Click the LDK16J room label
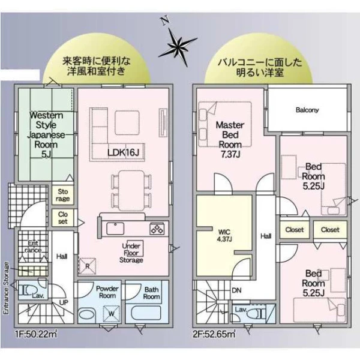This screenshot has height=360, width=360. click(123, 152)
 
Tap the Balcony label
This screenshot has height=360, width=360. click(307, 110)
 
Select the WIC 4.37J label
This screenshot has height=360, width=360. click(224, 235)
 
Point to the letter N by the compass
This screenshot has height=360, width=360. click(165, 20)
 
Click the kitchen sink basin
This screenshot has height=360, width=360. click(115, 229)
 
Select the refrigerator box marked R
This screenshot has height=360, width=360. click(87, 266)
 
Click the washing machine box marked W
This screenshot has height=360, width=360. click(112, 314)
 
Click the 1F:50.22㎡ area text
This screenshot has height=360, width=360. click(36, 334)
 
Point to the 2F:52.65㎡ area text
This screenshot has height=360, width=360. click(214, 334)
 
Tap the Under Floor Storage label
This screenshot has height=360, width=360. click(131, 253)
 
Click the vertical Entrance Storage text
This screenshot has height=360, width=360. click(7, 288)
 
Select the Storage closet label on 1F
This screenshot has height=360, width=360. click(62, 195)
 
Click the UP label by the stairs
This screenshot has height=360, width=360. click(64, 302)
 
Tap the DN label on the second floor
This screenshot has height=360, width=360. click(237, 290)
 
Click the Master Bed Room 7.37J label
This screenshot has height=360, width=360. click(230, 139)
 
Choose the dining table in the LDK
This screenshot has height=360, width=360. click(131, 191)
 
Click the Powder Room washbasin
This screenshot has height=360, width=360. click(87, 314)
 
